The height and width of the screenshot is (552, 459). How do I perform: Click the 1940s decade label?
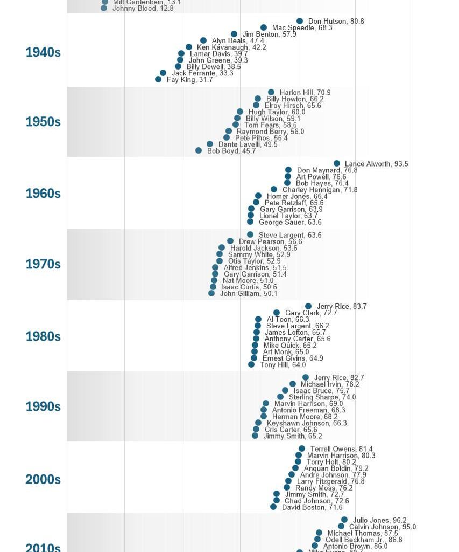(43, 52)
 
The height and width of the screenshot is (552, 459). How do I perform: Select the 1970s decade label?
(43, 264)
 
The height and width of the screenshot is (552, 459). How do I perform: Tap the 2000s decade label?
(43, 479)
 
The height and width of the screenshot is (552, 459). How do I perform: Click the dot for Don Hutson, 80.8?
(300, 21)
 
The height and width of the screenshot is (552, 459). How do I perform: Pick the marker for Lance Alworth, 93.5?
(337, 163)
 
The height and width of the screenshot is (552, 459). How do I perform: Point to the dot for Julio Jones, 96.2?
(344, 520)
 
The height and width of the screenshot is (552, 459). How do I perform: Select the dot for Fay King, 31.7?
(158, 79)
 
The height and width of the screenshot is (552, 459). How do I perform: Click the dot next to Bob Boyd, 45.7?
(199, 151)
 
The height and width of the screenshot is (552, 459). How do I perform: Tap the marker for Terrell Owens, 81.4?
(302, 448)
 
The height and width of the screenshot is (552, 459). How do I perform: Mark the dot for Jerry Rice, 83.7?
(308, 306)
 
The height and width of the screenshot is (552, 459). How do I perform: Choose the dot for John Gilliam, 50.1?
(211, 293)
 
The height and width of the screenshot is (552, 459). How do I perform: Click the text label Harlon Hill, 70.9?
(305, 93)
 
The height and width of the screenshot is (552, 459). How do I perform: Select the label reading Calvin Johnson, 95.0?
(382, 527)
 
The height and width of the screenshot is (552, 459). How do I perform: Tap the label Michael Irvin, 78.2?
(330, 384)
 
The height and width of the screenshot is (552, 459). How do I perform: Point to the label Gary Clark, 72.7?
(311, 313)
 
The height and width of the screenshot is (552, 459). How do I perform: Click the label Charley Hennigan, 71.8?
(320, 190)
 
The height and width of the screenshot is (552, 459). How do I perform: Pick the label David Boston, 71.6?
(312, 507)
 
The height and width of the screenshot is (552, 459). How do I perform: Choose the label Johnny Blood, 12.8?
(143, 9)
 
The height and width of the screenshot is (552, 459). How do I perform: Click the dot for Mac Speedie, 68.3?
(264, 27)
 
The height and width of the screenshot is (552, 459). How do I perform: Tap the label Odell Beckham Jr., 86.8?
(364, 540)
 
